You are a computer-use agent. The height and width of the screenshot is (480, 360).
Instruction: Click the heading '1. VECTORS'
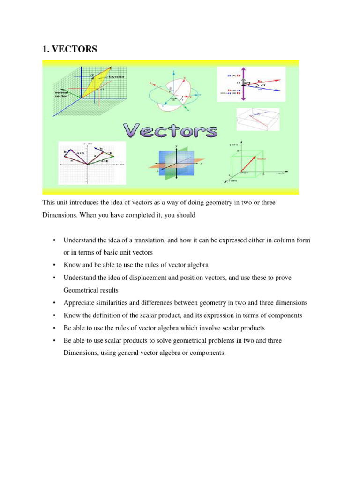pos(70,49)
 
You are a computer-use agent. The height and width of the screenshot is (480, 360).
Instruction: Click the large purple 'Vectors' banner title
pos(170,131)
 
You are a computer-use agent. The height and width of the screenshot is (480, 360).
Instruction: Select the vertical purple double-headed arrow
pos(242,84)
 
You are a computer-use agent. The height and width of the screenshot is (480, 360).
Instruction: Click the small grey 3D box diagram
pos(258,119)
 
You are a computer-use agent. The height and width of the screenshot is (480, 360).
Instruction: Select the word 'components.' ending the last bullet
pos(208,353)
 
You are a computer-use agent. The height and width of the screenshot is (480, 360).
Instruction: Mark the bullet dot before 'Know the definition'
pos(54,315)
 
